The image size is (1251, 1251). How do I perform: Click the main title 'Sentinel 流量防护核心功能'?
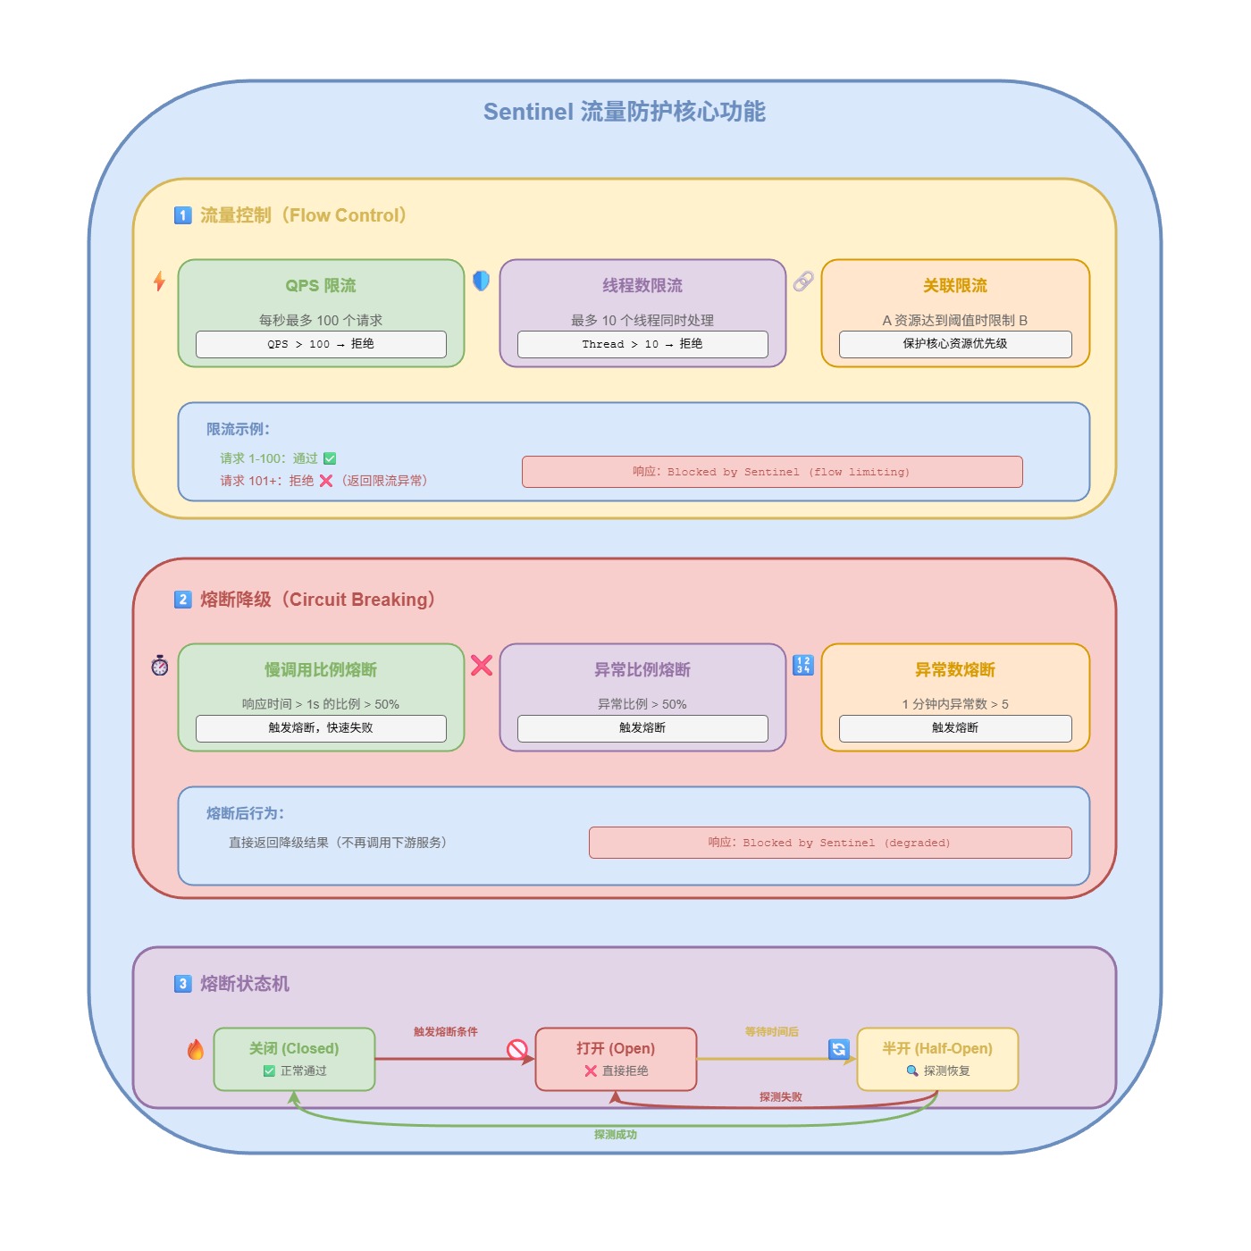pyautogui.click(x=624, y=112)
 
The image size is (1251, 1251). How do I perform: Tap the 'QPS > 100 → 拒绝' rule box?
pyautogui.click(x=321, y=344)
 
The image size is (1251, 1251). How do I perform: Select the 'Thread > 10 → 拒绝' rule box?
pyautogui.click(x=642, y=344)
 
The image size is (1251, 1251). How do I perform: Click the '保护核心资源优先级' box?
pyautogui.click(x=955, y=344)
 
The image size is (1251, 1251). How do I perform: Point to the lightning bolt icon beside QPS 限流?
pyautogui.click(x=159, y=281)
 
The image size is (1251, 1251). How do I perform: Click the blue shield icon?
pyautogui.click(x=481, y=281)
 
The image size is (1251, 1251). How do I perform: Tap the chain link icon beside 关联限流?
pyautogui.click(x=803, y=281)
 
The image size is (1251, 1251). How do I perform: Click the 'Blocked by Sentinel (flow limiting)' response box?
pyautogui.click(x=772, y=472)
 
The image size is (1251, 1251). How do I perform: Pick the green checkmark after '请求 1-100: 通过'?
pyautogui.click(x=330, y=458)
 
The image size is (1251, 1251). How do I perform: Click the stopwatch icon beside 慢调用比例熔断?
pyautogui.click(x=160, y=666)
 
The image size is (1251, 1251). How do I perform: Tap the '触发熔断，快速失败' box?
pyautogui.click(x=321, y=728)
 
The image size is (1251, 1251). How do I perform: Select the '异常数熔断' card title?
pyautogui.click(x=955, y=669)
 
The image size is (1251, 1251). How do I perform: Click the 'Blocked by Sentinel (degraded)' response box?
pyautogui.click(x=830, y=843)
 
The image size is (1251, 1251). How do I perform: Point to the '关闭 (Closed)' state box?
pyautogui.click(x=294, y=1059)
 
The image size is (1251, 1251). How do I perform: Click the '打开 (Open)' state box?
pyautogui.click(x=616, y=1059)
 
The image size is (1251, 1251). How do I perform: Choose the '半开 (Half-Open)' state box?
pyautogui.click(x=937, y=1059)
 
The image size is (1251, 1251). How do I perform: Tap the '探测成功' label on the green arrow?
pyautogui.click(x=616, y=1135)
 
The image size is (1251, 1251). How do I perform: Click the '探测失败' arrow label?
pyautogui.click(x=781, y=1097)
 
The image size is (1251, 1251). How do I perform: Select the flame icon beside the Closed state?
pyautogui.click(x=196, y=1050)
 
